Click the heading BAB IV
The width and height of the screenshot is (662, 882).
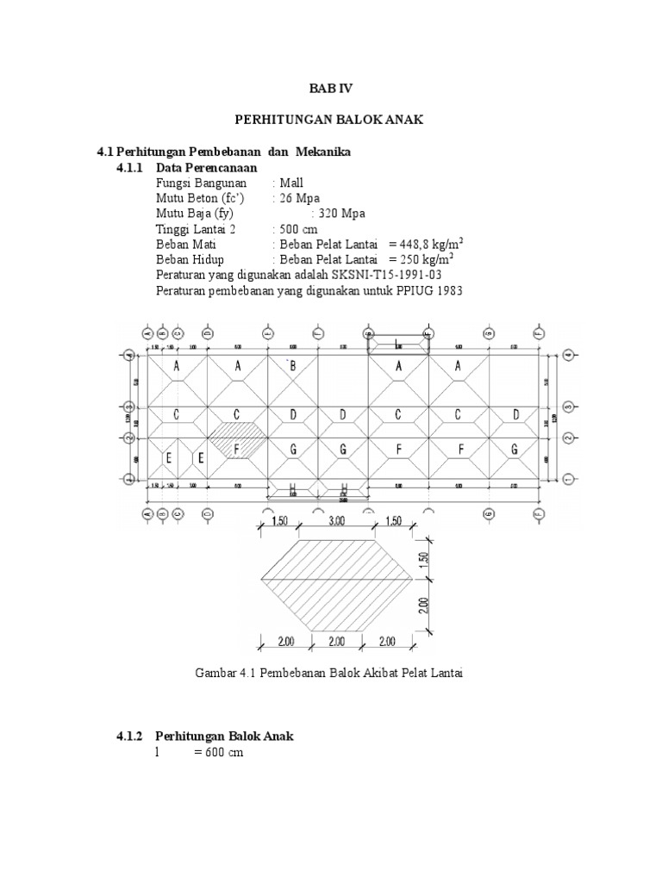click(x=331, y=88)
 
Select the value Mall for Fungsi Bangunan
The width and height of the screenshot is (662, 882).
click(x=291, y=183)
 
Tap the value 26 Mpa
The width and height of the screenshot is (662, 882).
click(x=297, y=198)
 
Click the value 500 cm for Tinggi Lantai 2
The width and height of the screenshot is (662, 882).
click(x=297, y=229)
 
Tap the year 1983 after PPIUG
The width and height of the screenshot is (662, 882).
click(x=449, y=291)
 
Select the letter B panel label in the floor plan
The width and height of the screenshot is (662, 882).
click(x=292, y=366)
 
